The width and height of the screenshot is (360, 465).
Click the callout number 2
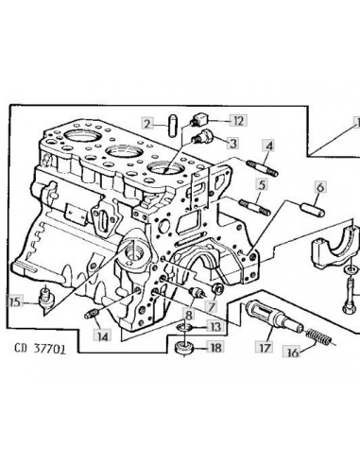tap(147, 124)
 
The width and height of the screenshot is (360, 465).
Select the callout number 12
tap(238, 121)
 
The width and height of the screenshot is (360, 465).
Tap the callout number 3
tap(233, 144)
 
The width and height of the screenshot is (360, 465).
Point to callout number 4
tap(269, 146)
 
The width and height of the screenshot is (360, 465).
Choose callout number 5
tap(262, 184)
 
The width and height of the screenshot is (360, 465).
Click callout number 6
tap(320, 187)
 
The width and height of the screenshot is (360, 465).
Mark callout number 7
tap(211, 306)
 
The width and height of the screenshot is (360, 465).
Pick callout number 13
tap(215, 327)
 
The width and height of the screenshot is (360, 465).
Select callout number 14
tap(102, 336)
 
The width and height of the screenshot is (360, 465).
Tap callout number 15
tap(15, 302)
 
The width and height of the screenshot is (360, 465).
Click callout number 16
tap(293, 353)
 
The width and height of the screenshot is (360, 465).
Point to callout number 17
tap(265, 347)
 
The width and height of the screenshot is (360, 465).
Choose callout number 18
tap(215, 348)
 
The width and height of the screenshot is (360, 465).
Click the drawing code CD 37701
tap(41, 349)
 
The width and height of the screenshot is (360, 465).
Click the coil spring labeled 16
tap(318, 336)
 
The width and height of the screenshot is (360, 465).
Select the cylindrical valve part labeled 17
tap(274, 316)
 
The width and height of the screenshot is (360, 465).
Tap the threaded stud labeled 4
tap(263, 168)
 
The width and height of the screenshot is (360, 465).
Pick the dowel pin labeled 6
tap(313, 210)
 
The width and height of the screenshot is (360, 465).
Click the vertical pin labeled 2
tap(172, 126)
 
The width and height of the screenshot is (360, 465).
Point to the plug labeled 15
tap(46, 298)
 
